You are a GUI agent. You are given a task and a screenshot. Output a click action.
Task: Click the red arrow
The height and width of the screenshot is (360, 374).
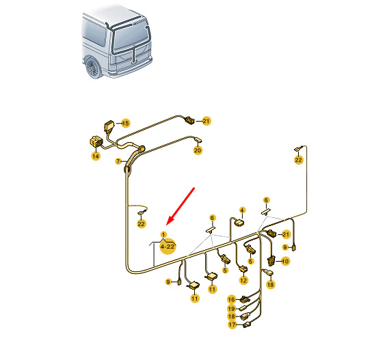181,206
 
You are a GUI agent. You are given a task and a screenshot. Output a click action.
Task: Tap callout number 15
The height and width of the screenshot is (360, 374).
125,123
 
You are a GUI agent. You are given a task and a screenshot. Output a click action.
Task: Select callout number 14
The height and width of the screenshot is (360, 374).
96,156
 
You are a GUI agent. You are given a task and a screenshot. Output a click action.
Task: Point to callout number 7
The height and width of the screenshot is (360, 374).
118,161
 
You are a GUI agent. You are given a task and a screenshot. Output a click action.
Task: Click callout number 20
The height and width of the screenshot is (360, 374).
198,150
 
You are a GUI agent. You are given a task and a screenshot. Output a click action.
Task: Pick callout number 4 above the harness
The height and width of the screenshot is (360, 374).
242,210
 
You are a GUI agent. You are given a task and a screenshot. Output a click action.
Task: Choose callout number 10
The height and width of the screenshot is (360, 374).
285,261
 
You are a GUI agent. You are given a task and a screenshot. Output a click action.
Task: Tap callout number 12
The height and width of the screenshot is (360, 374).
243,280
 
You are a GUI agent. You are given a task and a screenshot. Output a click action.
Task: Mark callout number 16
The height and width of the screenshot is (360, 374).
231,299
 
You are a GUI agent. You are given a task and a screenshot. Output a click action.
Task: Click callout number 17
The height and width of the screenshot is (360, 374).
232,324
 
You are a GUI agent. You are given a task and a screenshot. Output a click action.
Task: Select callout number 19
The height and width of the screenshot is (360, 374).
231,309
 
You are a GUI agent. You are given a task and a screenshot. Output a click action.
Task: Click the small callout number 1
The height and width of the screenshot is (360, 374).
163,235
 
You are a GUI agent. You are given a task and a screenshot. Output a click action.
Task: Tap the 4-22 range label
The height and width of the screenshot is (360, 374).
168,247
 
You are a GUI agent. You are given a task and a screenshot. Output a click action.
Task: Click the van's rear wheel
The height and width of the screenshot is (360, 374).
92,68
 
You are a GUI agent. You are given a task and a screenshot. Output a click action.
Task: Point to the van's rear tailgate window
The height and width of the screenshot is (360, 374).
131,38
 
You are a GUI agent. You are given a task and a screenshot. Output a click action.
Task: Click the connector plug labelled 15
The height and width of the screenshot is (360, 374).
109,127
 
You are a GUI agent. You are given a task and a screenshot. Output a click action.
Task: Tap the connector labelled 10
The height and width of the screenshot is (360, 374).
271,260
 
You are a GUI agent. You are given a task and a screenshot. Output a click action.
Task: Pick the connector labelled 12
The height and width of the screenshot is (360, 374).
244,268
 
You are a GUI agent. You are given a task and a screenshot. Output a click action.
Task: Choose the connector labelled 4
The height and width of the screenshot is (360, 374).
239,223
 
